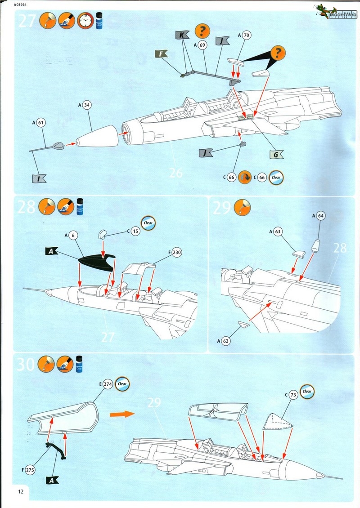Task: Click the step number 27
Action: tap(27, 22)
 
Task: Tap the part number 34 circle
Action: tap(87, 105)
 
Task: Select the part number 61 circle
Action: tap(41, 122)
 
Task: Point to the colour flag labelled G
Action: tap(274, 155)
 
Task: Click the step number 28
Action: tap(26, 207)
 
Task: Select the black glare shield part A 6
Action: tap(95, 263)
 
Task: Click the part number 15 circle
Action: tap(136, 231)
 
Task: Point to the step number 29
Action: tap(221, 208)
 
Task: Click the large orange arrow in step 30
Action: tap(122, 414)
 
